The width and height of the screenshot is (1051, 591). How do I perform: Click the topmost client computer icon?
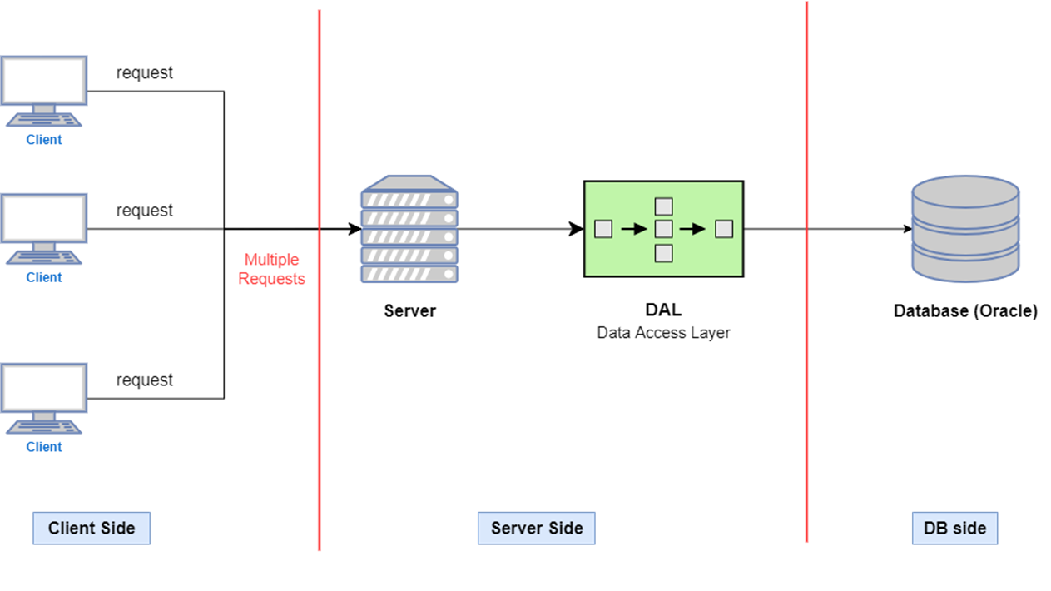coord(43,91)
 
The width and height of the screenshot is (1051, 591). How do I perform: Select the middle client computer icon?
coord(43,229)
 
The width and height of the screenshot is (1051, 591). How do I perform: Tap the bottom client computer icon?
coord(43,399)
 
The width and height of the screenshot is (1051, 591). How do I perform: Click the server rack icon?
coord(409,229)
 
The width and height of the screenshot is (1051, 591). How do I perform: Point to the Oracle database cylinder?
coord(965,229)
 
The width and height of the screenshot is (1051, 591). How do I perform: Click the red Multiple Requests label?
coord(271,269)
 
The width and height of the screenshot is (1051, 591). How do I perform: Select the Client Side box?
coord(92,528)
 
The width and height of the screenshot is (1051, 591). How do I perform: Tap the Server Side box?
coord(537,528)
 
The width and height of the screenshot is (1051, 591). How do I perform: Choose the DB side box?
coord(954,528)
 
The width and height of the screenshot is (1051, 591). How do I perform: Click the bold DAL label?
coord(663,310)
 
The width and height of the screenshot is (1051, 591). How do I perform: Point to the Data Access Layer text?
coord(663,333)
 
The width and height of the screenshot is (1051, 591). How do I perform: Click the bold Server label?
coord(410,310)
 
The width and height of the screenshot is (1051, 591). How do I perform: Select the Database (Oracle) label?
coord(965,310)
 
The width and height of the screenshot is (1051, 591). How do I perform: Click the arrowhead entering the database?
coord(907,229)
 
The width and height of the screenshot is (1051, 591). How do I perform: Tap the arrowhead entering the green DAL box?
coord(576,229)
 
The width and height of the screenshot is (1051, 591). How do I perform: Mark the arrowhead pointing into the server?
coord(354,229)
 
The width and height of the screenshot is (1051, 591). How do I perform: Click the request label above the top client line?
coord(145,72)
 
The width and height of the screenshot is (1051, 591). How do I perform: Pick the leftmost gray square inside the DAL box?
coord(603,229)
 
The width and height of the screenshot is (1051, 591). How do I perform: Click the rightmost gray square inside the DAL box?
coord(724,229)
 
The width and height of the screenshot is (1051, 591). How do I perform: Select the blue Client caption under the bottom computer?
coord(43,447)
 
